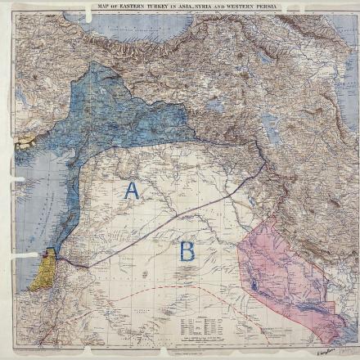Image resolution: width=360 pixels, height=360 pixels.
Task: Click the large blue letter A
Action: coord(131,191)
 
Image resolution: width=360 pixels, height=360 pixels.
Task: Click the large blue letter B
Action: coord(187,251)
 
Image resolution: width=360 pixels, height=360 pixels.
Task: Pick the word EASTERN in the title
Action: coord(127,7)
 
